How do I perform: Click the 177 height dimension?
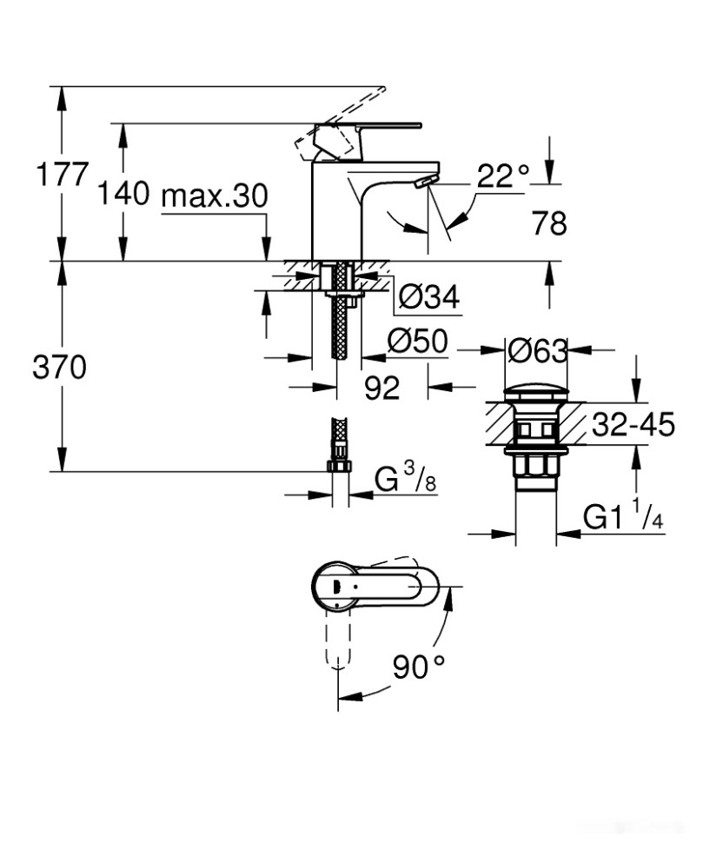click(61, 175)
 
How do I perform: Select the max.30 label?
click(214, 196)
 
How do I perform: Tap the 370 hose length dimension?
click(60, 368)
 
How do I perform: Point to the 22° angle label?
click(502, 176)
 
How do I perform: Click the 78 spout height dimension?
click(548, 224)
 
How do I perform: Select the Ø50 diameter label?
click(417, 343)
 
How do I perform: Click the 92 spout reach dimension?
click(381, 388)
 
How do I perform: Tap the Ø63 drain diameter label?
click(537, 351)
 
